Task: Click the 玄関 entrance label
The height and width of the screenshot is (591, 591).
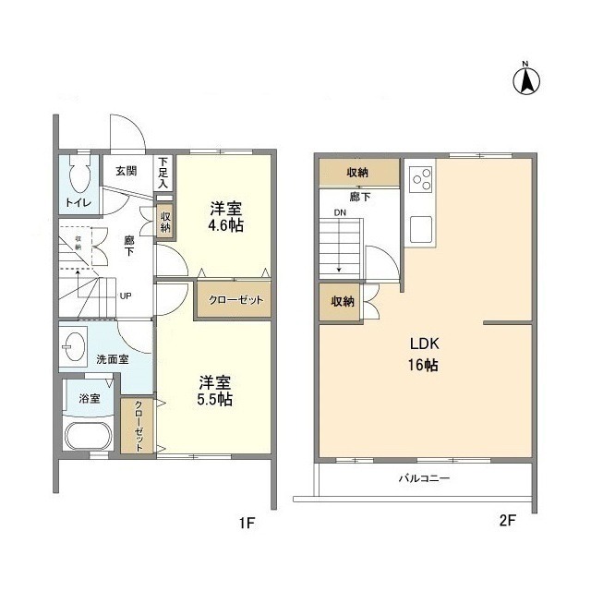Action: click(126, 171)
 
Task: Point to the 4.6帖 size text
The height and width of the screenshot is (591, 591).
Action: click(226, 225)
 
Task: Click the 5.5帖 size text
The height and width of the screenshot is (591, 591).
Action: click(215, 399)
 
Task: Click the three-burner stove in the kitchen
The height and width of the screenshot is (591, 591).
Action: click(421, 176)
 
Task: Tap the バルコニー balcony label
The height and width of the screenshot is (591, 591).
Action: click(424, 478)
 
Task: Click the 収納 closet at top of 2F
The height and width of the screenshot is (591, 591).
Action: click(359, 173)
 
